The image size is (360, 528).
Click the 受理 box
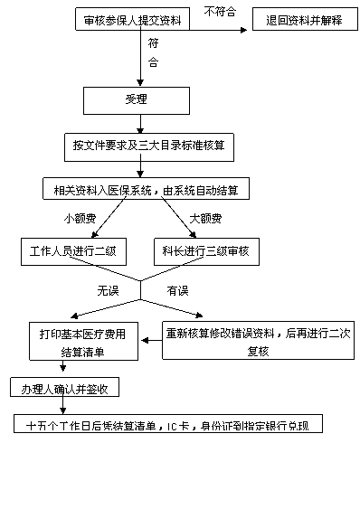click(x=137, y=99)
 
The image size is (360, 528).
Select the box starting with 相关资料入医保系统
click(x=146, y=191)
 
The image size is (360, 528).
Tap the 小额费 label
click(x=81, y=219)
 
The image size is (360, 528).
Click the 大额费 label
click(x=205, y=219)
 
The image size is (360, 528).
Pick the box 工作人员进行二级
click(x=73, y=251)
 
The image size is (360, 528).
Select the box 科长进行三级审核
click(x=205, y=251)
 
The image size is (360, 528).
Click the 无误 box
click(x=109, y=291)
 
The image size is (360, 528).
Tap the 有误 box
click(x=177, y=291)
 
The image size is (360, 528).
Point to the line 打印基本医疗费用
click(x=81, y=334)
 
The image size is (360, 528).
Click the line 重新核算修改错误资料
click(x=258, y=333)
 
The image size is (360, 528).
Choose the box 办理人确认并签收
click(x=65, y=389)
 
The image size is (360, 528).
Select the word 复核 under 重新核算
click(x=258, y=351)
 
